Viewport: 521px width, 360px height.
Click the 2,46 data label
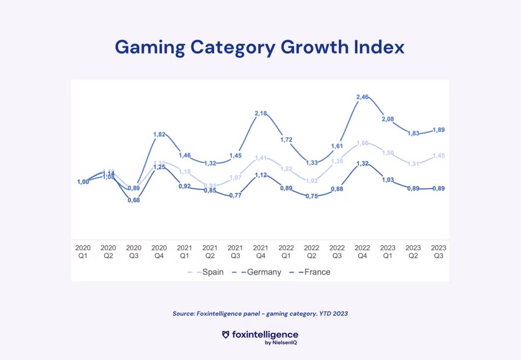[362, 97]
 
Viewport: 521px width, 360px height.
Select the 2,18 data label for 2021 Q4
[260, 113]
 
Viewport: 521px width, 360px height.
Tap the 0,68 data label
[133, 200]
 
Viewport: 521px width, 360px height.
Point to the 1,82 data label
[159, 134]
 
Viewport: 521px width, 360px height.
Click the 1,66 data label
[362, 144]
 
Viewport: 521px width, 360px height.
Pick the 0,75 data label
[311, 196]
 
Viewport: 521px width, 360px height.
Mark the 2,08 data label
[388, 118]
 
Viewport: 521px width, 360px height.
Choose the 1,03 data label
[388, 180]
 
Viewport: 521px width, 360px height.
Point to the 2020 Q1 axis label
[83, 252]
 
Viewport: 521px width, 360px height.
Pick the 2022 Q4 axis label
[362, 252]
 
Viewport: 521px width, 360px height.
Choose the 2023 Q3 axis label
[439, 252]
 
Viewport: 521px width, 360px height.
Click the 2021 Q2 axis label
[210, 252]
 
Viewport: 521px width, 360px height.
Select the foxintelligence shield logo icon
[226, 335]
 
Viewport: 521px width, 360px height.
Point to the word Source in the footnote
[183, 314]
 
